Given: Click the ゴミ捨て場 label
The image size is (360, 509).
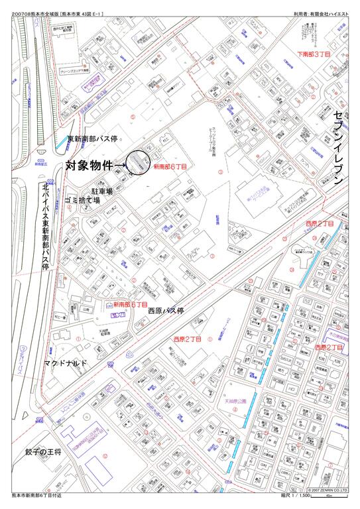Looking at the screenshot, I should (x=82, y=199).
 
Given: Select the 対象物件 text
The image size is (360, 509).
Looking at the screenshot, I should (x=89, y=163).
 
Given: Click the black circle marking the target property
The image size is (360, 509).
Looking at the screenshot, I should (x=137, y=162).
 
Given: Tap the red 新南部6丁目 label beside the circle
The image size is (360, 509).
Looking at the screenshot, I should (x=170, y=167).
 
